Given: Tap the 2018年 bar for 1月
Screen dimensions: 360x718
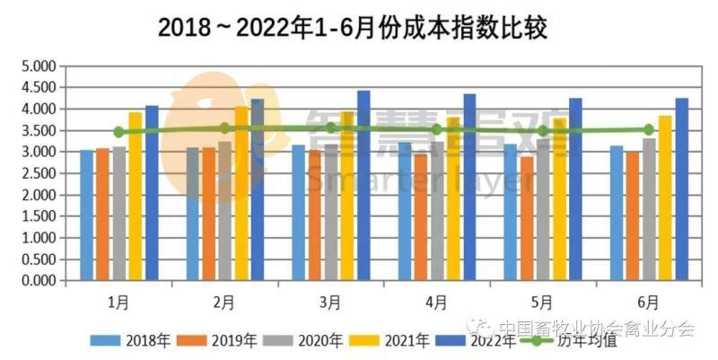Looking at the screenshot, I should point(86,215).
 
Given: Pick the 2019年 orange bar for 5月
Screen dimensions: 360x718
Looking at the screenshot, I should point(527,219).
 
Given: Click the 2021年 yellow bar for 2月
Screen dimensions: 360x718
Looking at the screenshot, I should point(241,193).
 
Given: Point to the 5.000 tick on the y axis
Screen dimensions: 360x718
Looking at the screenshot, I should point(38,66).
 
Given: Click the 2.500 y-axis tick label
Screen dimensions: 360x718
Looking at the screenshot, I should point(38,173).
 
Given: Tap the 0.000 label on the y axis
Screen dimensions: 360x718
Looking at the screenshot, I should point(38,281).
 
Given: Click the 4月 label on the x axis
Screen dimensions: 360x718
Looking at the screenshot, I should point(435,303).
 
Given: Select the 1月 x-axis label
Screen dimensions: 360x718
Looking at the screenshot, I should point(118,303).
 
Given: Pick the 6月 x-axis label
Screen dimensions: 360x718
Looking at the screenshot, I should point(647,303).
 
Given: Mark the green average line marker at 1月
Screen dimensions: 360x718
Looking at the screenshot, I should point(118,132).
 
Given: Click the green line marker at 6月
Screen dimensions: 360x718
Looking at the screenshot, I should point(648,129).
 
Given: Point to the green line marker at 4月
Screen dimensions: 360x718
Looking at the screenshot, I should point(436,129).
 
